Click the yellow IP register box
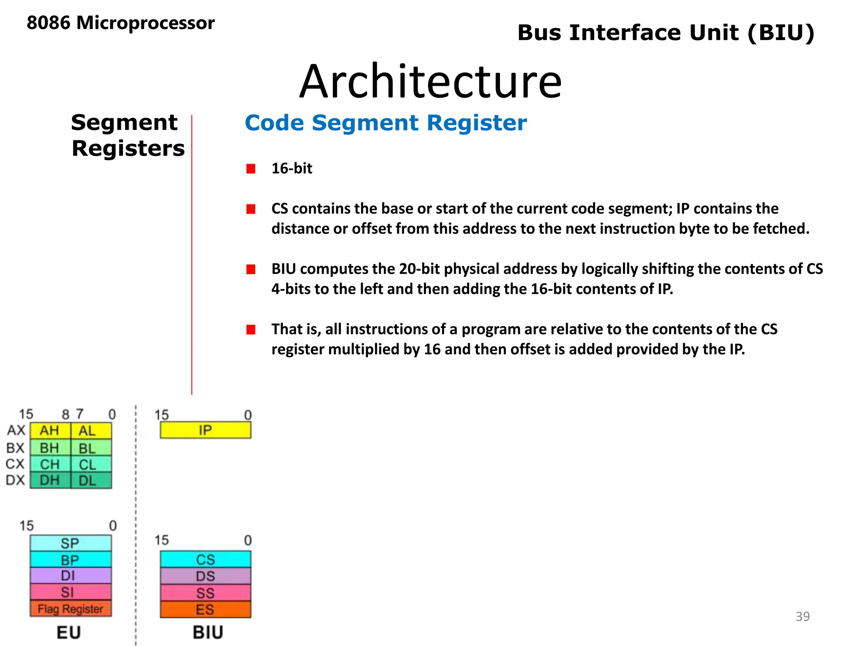205,430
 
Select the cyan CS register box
205,559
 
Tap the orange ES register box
205,609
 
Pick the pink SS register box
205,593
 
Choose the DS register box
205,576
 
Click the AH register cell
50,431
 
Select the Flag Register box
70,609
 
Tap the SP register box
70,543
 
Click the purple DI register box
70,575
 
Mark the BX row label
16,448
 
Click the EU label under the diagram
69,632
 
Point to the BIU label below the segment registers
208,632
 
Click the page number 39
802,616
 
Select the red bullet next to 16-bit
251,169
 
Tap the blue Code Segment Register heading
386,123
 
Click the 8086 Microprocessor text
121,23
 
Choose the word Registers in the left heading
128,148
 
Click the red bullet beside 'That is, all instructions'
251,329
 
